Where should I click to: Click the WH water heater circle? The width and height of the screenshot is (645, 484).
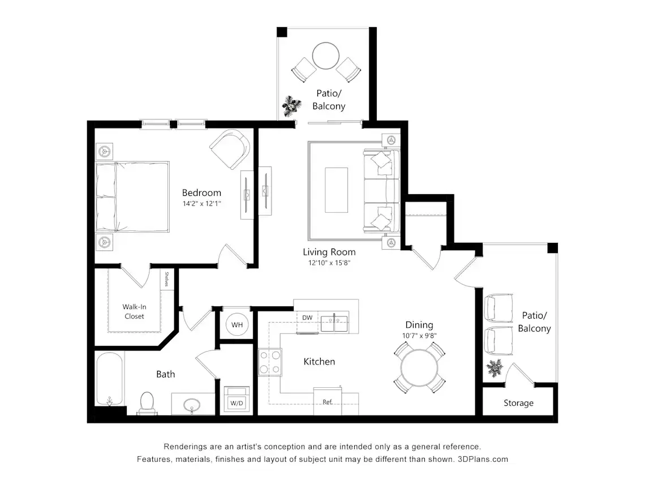[x=237, y=325]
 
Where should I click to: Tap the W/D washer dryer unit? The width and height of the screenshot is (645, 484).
[x=236, y=399]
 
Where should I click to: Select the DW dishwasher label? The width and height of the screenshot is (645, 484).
[x=307, y=318]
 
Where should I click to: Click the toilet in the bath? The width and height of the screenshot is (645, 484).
[x=147, y=403]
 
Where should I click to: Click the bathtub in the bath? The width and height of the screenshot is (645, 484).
[x=110, y=379]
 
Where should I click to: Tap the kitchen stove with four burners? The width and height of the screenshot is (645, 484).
[x=270, y=362]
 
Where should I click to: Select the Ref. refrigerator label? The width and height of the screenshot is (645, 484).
[x=328, y=402]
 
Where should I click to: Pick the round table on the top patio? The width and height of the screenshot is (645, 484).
[x=326, y=56]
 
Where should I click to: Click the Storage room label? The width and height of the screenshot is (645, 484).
[x=518, y=403]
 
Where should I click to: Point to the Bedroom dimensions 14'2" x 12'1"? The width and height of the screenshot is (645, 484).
[x=201, y=203]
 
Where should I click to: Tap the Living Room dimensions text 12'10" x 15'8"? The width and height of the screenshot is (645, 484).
[x=329, y=263]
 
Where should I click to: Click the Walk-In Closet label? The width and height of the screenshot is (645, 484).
[x=134, y=311]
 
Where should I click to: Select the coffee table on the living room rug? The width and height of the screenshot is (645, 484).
[x=337, y=190]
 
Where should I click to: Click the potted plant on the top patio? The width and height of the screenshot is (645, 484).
[x=291, y=106]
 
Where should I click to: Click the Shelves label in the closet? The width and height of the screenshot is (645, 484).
[x=166, y=279]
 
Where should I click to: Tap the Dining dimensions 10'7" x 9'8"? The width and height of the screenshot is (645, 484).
[x=419, y=336]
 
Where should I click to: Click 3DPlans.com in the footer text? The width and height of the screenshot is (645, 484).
[x=483, y=459]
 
